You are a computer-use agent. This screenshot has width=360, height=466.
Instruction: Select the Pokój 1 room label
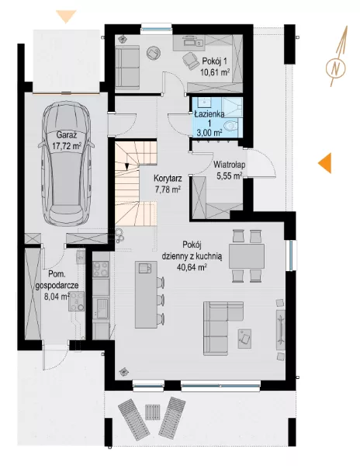(215, 61)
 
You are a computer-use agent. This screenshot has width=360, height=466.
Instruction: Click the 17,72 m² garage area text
(67, 146)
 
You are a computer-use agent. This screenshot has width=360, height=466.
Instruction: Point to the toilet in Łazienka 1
(231, 126)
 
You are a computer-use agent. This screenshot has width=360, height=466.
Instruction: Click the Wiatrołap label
(230, 165)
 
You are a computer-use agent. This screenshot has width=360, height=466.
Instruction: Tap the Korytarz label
(168, 179)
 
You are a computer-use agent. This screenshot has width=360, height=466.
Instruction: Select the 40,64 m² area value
(192, 267)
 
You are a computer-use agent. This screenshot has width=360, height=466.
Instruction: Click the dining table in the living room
(246, 256)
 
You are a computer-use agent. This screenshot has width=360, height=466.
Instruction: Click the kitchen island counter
(146, 294)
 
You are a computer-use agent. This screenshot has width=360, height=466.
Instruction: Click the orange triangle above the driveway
(67, 16)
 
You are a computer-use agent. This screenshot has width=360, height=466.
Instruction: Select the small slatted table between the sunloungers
(152, 412)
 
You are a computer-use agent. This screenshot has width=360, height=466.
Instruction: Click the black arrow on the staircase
(126, 166)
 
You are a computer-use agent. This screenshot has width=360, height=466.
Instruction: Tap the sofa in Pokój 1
(127, 68)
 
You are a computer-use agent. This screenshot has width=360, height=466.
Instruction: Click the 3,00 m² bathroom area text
(209, 133)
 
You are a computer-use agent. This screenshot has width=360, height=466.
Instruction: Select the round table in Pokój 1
(154, 54)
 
